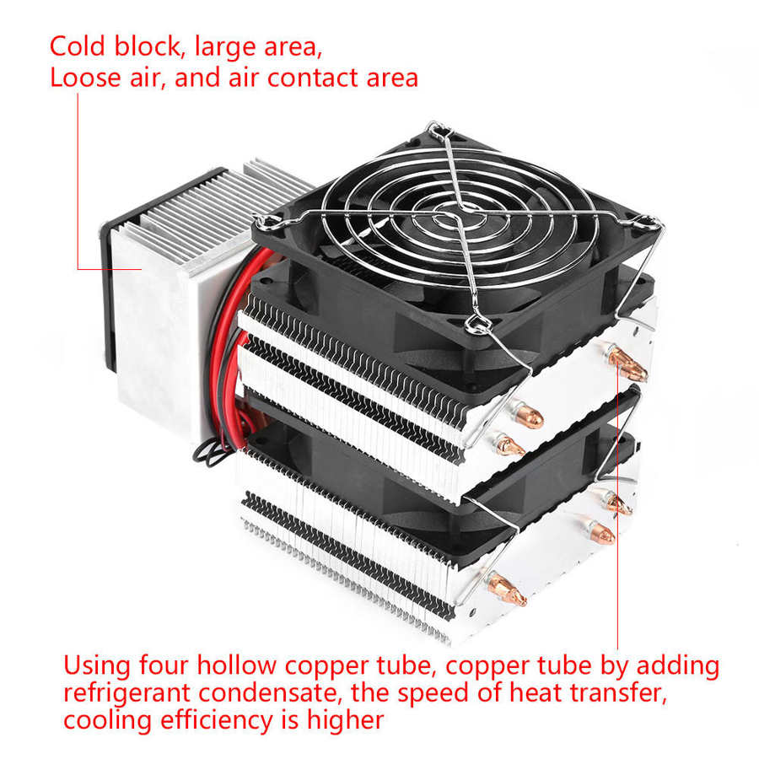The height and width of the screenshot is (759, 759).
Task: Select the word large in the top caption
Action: [x=230, y=46]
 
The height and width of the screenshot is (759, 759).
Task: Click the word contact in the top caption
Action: [x=316, y=78]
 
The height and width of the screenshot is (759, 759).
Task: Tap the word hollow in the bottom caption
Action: [x=231, y=666]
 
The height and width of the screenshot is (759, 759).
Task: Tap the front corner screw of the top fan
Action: [x=474, y=322]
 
